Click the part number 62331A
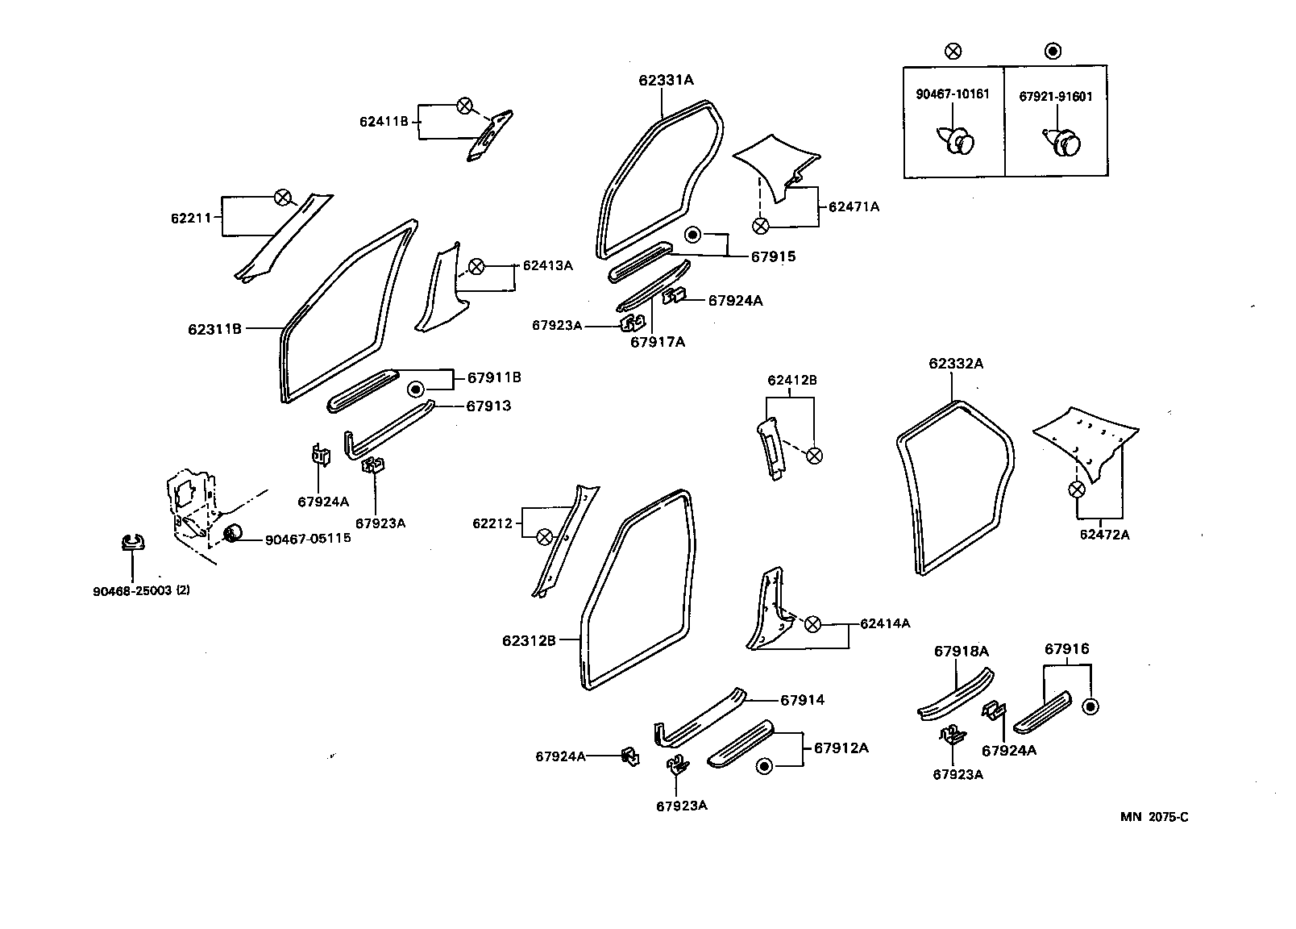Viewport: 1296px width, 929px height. (666, 80)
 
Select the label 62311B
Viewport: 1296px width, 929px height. (214, 329)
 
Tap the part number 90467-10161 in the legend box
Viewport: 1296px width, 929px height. (953, 94)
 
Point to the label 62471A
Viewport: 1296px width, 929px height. (854, 206)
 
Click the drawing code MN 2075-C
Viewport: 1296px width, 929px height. (1154, 817)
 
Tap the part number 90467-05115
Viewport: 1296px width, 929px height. (308, 538)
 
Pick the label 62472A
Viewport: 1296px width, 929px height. (1104, 535)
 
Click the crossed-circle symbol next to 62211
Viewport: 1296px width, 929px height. (281, 198)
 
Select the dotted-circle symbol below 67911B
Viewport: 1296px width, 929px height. (415, 390)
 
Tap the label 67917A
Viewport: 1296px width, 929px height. (657, 342)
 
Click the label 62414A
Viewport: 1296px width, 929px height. (885, 623)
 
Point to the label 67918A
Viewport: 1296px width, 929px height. (962, 651)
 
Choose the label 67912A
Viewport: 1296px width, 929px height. (841, 748)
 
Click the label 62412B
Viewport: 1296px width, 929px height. (791, 380)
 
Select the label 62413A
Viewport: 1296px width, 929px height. (547, 265)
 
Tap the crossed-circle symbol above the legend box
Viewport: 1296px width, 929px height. (952, 52)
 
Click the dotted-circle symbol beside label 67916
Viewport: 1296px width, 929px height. (1090, 707)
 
